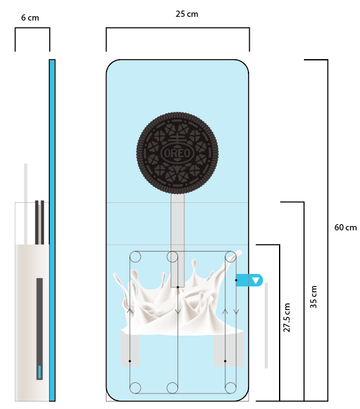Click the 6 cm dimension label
tap(30, 17)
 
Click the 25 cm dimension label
tap(187, 14)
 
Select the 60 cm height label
tap(346, 227)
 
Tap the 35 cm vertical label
tap(313, 297)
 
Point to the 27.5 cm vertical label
tap(287, 317)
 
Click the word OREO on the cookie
tap(178, 153)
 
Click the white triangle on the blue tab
tap(255, 281)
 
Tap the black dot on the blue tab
tap(236, 280)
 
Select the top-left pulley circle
tap(135, 256)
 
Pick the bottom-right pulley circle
tap(230, 388)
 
